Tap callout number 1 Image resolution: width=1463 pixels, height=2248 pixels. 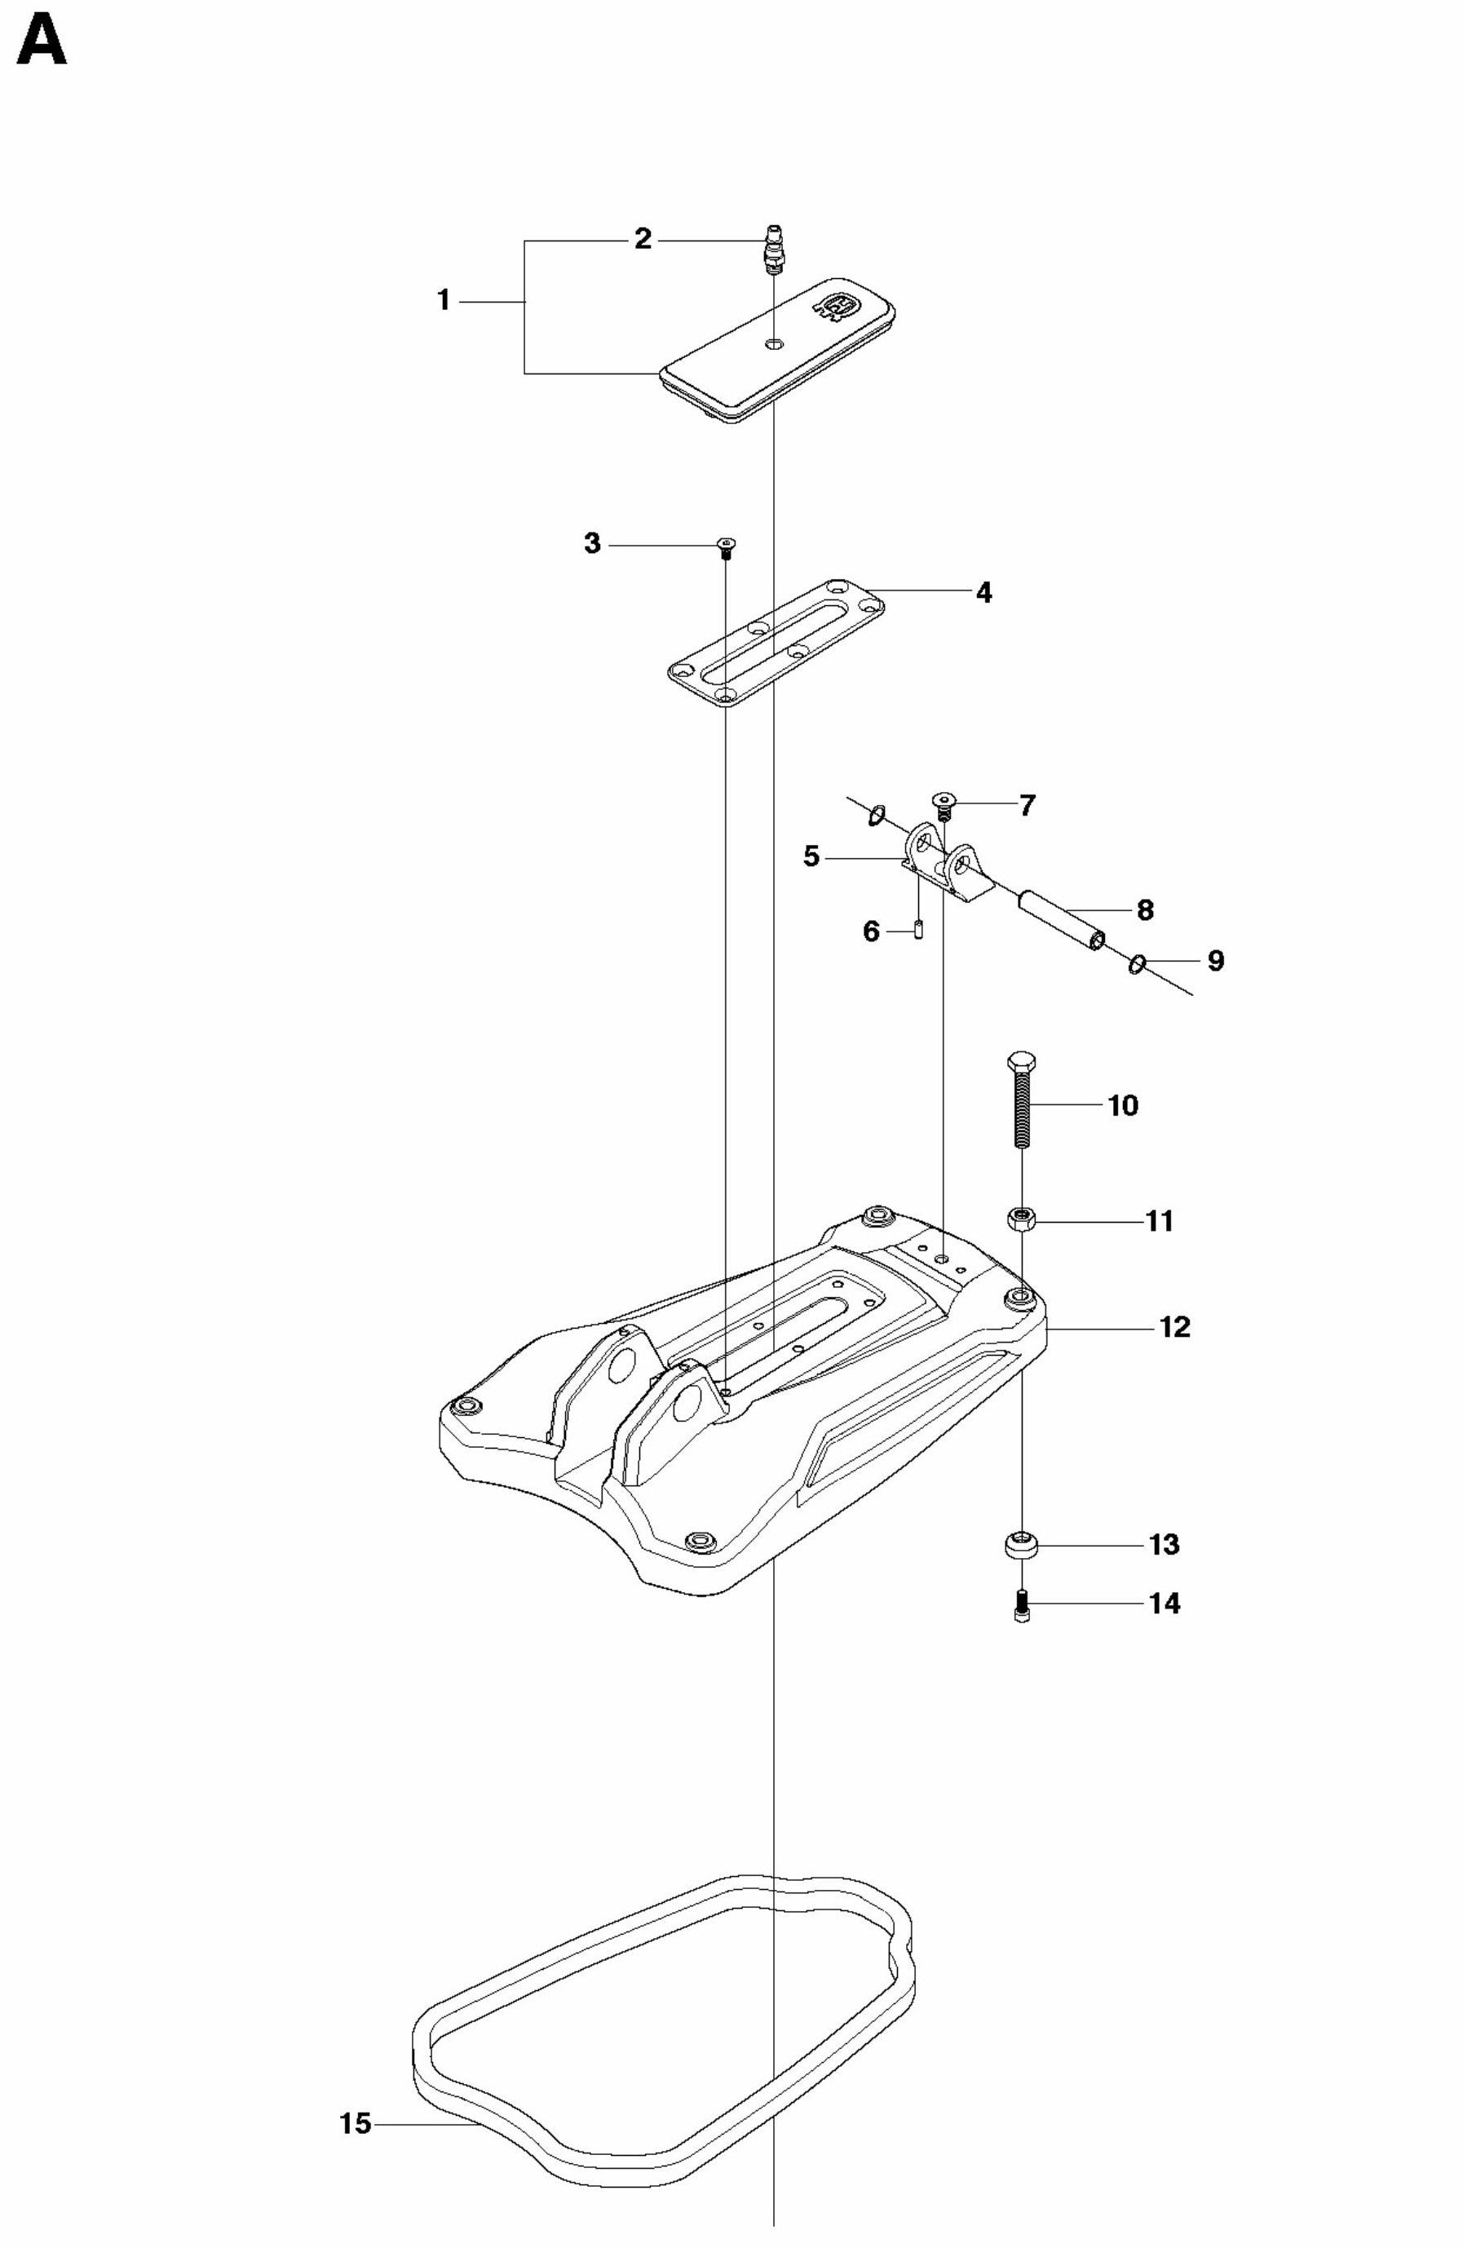tap(443, 301)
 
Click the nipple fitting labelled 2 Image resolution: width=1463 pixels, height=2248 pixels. tap(775, 249)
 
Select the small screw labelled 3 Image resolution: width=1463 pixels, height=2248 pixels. tap(725, 546)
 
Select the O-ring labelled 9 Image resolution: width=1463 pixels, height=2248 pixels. tap(1138, 963)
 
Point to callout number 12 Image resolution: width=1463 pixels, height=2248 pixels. tap(1175, 1327)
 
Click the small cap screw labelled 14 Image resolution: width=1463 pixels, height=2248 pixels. tap(1022, 1604)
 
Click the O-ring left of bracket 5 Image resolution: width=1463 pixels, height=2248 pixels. tap(877, 813)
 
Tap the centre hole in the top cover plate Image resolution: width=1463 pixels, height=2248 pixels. tap(774, 342)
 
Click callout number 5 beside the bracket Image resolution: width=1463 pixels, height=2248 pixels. tap(811, 857)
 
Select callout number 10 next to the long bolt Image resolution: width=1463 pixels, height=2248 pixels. tap(1123, 1104)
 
